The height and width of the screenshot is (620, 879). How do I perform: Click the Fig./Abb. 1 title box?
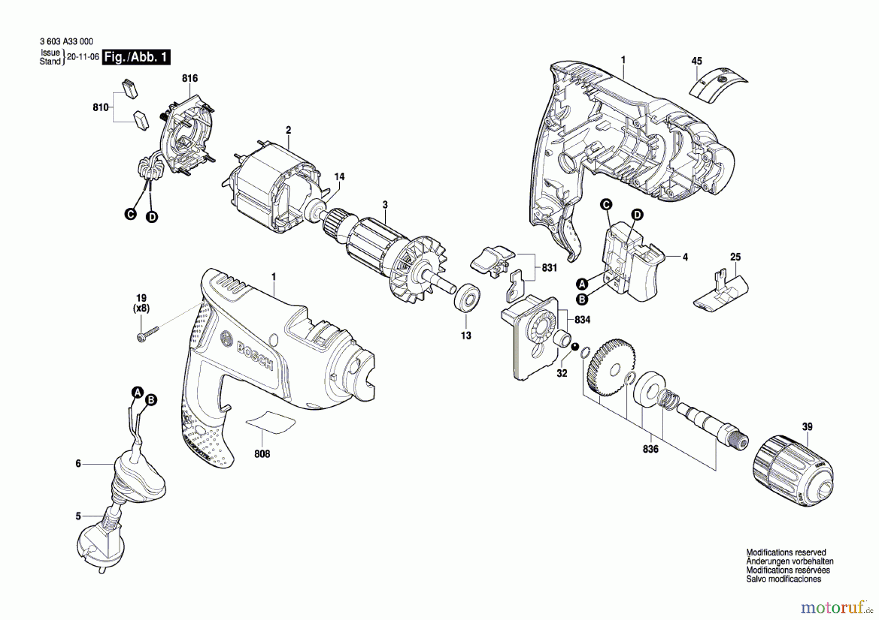tap(136, 57)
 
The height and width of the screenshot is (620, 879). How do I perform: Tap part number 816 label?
tap(189, 79)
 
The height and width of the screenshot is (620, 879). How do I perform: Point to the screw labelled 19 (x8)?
tap(147, 334)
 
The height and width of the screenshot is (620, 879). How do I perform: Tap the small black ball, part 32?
tap(575, 346)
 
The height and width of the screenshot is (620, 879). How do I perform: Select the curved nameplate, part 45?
tap(718, 85)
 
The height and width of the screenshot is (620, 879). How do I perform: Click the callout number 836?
tap(650, 449)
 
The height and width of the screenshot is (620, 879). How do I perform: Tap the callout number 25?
tap(735, 257)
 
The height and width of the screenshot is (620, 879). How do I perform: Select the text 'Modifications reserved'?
tap(786, 553)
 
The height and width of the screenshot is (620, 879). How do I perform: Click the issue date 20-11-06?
tap(83, 57)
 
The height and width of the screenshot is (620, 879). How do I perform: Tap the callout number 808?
tap(262, 454)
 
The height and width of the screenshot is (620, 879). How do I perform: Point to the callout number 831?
tap(549, 268)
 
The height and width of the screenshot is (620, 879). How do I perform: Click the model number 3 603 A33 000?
tap(66, 42)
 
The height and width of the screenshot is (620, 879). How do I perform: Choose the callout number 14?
tap(339, 177)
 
